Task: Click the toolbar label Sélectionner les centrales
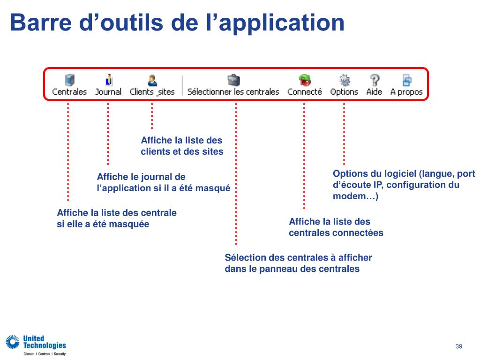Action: coord(233,92)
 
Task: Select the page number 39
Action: coord(458,346)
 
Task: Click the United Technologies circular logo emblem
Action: coord(13,341)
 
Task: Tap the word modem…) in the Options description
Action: coord(355,196)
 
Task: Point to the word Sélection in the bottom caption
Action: coord(247,257)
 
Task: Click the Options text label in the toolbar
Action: coord(344,92)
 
